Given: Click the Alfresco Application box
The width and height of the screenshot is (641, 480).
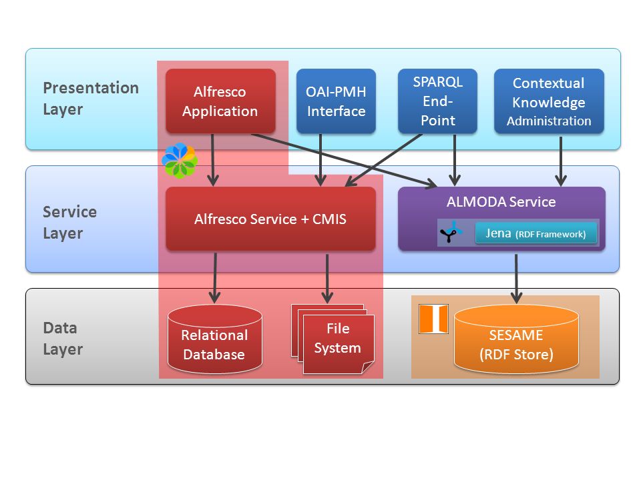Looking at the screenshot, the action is [220, 101].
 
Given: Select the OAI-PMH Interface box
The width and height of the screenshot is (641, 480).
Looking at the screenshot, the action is [336, 101].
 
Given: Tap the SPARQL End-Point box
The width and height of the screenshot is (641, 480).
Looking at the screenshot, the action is [437, 101].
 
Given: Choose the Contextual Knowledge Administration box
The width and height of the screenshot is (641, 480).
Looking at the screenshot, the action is [549, 101].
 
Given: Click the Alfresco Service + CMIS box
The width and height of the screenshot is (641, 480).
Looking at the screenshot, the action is [270, 219].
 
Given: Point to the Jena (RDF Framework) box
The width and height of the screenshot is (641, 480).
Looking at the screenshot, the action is [536, 233].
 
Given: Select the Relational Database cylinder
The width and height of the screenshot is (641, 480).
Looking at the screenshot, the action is [214, 339].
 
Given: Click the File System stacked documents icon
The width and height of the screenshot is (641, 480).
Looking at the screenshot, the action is [333, 339].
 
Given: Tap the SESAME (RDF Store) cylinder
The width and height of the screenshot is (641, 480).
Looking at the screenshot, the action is [516, 339].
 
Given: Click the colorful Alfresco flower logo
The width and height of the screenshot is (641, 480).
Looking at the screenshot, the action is [180, 161].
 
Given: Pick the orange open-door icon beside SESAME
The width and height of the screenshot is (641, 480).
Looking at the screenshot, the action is [434, 319].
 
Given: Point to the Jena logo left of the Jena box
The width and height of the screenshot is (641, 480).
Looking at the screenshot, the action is [451, 233].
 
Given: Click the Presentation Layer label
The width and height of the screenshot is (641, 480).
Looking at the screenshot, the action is [91, 99].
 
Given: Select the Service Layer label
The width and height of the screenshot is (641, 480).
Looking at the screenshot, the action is [70, 223].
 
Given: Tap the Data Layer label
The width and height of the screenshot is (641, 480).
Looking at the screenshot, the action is [63, 339].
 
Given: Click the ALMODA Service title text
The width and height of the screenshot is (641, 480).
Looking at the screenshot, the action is [501, 201].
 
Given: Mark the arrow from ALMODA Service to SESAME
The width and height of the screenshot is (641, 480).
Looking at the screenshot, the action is [516, 279].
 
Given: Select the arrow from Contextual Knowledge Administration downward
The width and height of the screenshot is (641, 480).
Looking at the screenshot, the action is [561, 161].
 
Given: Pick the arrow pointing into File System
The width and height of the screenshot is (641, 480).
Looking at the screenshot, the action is [327, 279].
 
